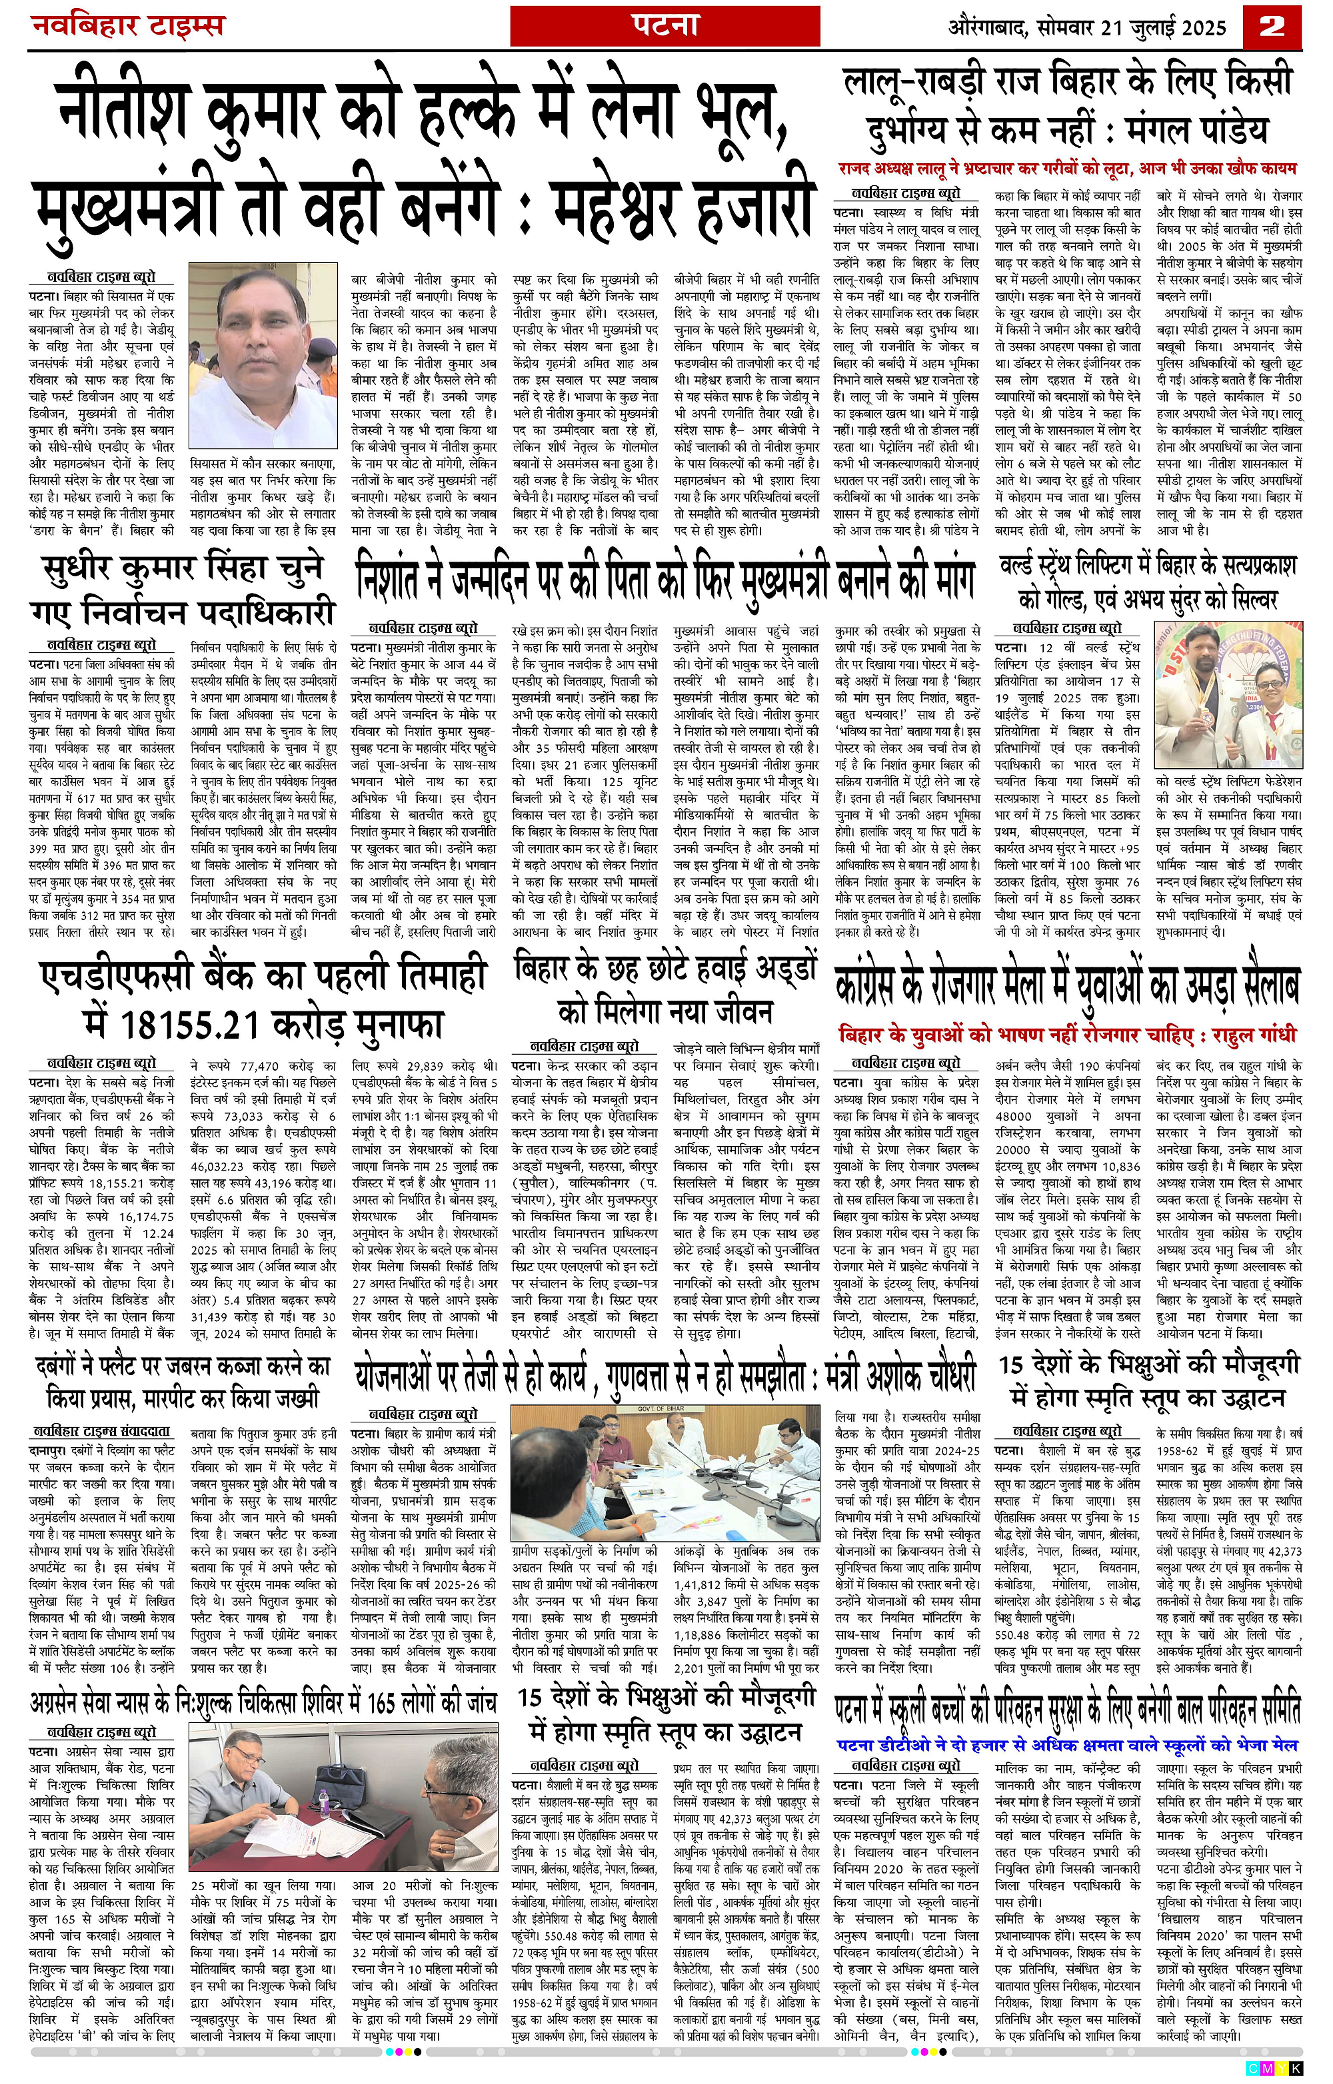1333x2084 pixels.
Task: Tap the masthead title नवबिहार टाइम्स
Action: pyautogui.click(x=127, y=26)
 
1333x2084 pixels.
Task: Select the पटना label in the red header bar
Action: pyautogui.click(x=664, y=26)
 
